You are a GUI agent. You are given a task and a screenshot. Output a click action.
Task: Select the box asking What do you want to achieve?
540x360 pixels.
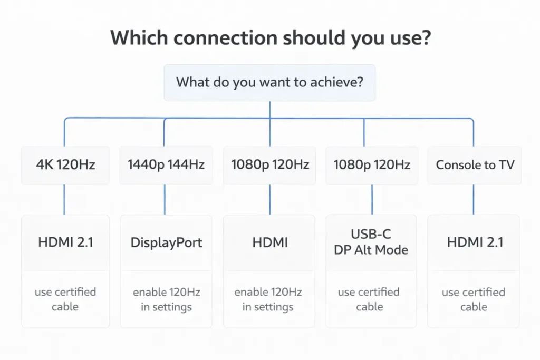coord(269,83)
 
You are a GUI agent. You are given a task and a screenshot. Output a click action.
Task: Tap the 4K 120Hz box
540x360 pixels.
coord(65,165)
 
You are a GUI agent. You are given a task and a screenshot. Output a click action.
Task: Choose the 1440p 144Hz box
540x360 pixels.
coord(166,165)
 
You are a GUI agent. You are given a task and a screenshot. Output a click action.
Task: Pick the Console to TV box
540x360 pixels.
coord(475,165)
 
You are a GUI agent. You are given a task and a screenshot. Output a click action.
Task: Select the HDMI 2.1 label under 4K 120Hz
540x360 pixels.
coord(65,242)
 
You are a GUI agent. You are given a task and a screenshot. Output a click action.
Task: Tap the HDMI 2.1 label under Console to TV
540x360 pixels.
coord(475,242)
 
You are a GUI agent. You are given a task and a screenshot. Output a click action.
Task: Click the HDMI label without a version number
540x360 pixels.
coord(269,242)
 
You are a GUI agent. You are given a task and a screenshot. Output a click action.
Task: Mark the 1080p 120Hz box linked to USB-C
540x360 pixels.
coord(372,165)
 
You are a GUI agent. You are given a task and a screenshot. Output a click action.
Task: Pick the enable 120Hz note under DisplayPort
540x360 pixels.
coord(166,299)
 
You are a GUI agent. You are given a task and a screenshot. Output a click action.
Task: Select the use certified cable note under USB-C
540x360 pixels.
coord(369,299)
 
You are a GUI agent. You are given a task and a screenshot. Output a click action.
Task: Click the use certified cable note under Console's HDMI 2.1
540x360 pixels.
coord(474,299)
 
